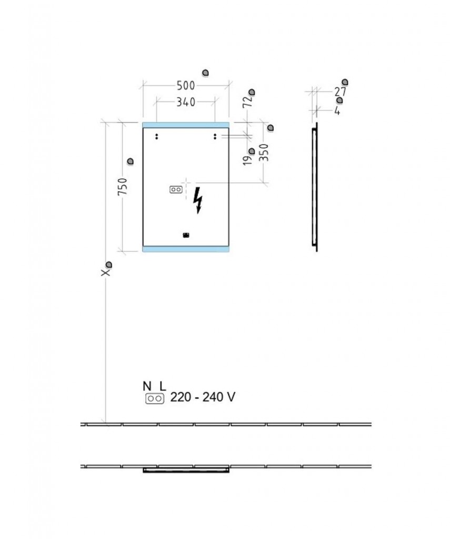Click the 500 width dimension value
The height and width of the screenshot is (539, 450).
[186, 86]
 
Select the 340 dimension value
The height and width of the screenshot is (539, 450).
[186, 102]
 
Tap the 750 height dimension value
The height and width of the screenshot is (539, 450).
[123, 187]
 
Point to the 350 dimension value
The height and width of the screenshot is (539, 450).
[264, 153]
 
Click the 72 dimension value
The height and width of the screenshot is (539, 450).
[247, 102]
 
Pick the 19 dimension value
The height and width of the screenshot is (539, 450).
[247, 160]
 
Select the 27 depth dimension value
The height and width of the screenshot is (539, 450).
[341, 92]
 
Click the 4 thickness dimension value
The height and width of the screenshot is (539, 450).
[337, 111]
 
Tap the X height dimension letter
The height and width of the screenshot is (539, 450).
[106, 272]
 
